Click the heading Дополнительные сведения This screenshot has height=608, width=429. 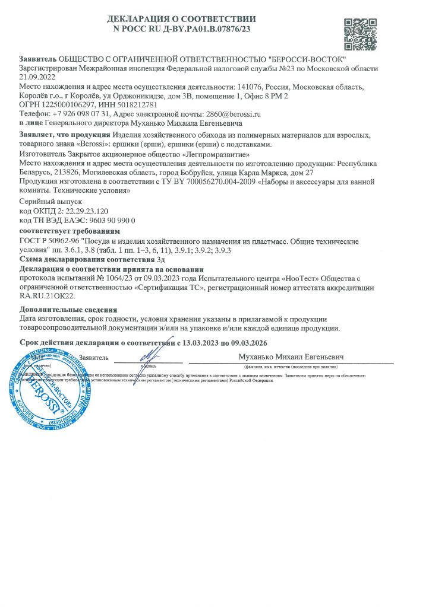[x=68, y=310]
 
